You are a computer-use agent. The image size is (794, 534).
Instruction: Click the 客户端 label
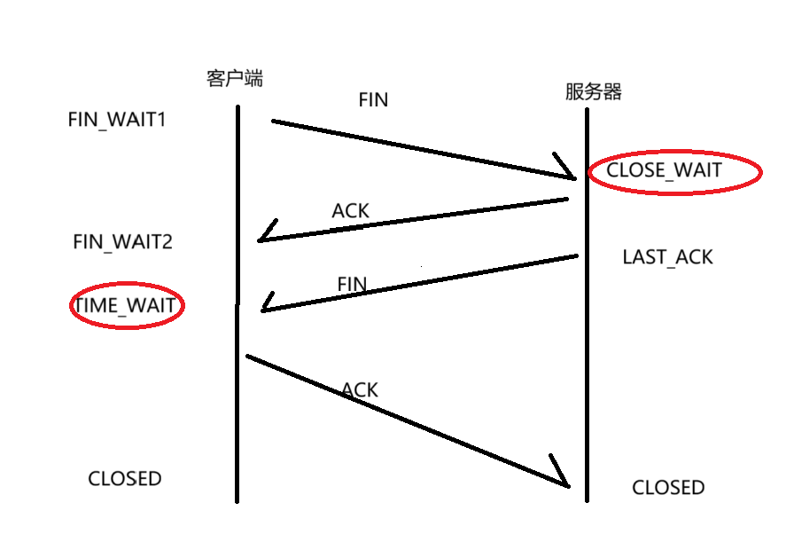click(234, 79)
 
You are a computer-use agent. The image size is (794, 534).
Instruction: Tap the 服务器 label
click(593, 91)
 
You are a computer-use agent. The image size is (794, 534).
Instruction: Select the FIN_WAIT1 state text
click(116, 119)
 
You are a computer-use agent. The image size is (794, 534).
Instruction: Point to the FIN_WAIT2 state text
click(122, 241)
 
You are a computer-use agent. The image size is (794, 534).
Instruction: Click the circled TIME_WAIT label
click(128, 306)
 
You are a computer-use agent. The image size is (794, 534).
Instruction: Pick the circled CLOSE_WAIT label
click(664, 170)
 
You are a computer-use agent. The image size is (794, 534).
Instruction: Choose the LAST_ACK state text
click(667, 257)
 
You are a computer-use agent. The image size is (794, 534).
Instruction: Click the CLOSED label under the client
click(125, 479)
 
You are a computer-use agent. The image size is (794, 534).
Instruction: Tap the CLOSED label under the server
click(668, 488)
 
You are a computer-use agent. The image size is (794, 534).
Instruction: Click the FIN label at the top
click(373, 100)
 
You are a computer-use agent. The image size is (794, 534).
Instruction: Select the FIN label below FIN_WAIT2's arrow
click(352, 285)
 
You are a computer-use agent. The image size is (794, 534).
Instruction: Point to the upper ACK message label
click(350, 211)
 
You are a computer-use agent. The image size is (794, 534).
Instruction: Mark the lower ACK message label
click(360, 389)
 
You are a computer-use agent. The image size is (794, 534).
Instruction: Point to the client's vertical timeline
click(237, 399)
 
